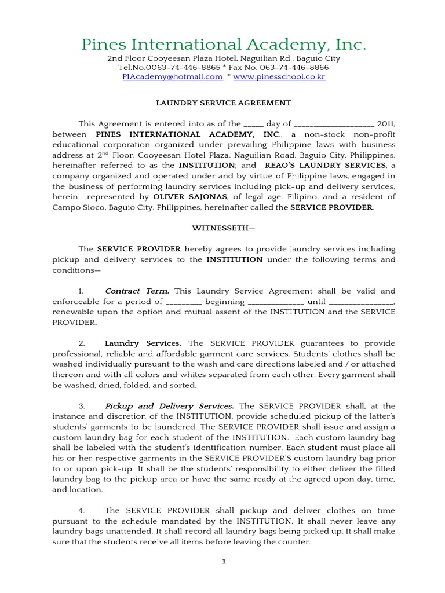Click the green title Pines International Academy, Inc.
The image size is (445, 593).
click(x=223, y=45)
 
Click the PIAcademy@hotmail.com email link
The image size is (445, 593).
click(x=173, y=76)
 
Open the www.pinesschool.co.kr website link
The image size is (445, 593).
click(x=279, y=76)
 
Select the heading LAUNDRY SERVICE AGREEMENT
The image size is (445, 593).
click(x=223, y=103)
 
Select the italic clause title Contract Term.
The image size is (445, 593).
click(x=137, y=291)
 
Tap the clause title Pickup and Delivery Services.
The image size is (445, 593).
click(x=169, y=406)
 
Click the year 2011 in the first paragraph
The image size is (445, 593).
click(x=386, y=123)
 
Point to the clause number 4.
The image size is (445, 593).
click(x=82, y=510)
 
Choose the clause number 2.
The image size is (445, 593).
click(x=82, y=343)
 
